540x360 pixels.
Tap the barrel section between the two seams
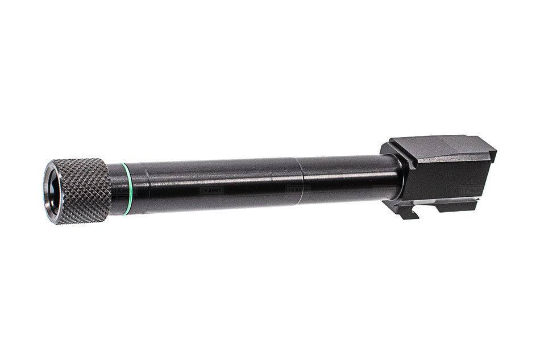point(222,183)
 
